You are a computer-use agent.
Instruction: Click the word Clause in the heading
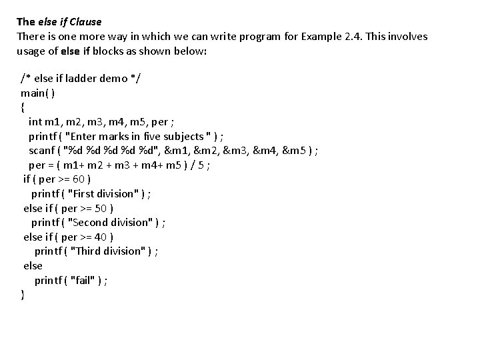(x=85, y=22)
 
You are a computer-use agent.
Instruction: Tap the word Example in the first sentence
(x=321, y=37)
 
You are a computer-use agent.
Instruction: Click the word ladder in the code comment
(x=81, y=79)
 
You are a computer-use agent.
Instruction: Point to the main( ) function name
(x=37, y=93)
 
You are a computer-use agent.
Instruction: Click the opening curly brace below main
(x=23, y=107)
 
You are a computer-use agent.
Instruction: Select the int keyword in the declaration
(x=35, y=122)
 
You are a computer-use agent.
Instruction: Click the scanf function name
(x=41, y=151)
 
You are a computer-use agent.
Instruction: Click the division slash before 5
(x=193, y=165)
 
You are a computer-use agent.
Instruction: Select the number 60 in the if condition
(x=79, y=179)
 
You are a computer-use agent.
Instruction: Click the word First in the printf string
(x=83, y=194)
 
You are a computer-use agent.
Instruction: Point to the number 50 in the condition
(x=101, y=209)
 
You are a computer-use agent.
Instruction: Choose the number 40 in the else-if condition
(x=101, y=237)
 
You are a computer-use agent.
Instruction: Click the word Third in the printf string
(x=88, y=251)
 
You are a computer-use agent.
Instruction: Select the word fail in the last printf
(x=83, y=280)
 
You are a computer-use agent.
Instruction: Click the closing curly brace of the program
(x=23, y=295)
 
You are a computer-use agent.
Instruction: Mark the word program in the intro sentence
(x=259, y=37)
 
